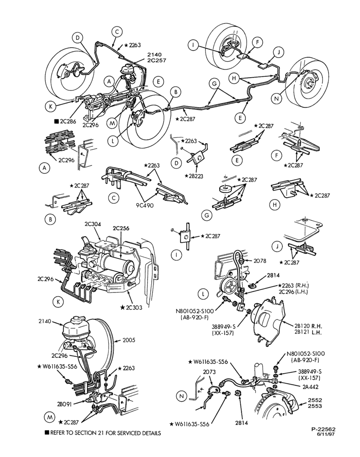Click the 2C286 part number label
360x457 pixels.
[68, 122]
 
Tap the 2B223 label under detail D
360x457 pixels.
[195, 176]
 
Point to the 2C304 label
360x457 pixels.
[93, 224]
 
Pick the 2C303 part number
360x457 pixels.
[134, 308]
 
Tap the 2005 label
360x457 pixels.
[129, 340]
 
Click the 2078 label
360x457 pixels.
[259, 261]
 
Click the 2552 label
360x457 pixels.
[315, 400]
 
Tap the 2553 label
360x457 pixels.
[315, 406]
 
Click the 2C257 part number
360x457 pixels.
[157, 60]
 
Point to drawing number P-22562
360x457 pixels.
[323, 429]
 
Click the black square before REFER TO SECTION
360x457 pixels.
[47, 432]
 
